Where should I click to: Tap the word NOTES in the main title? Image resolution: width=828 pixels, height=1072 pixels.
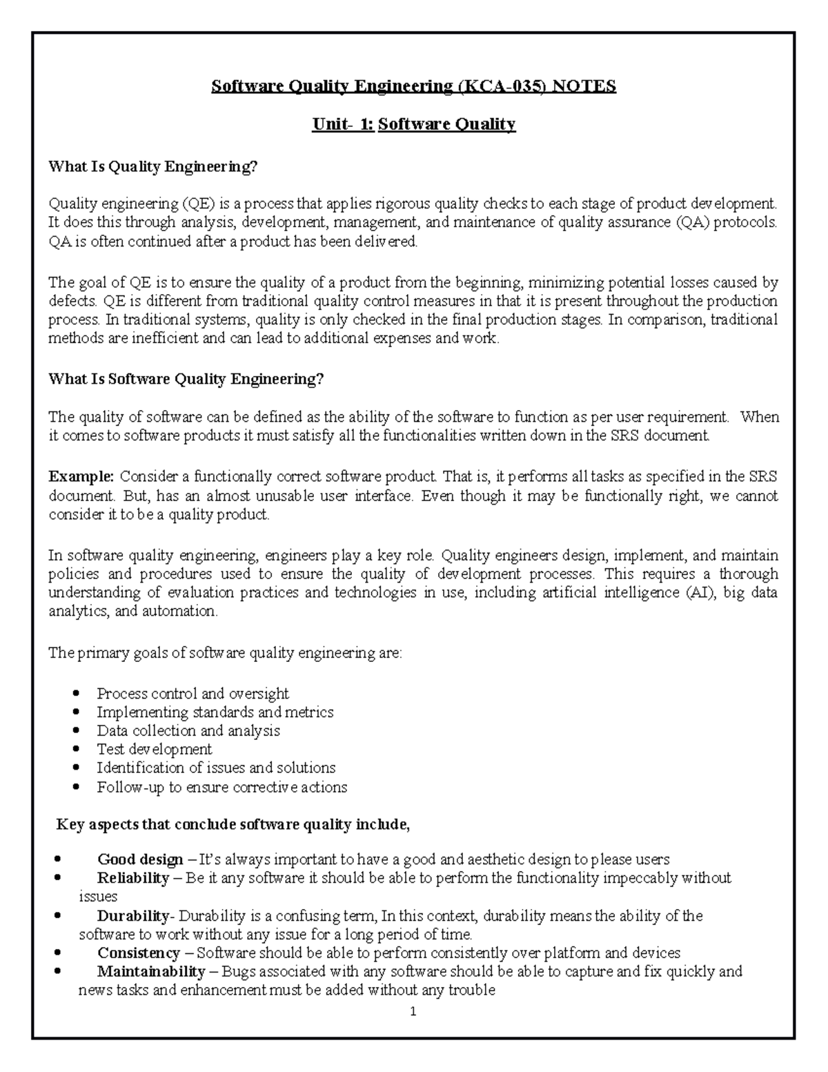pos(583,86)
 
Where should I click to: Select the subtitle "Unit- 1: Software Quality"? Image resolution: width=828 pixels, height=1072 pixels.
pos(413,124)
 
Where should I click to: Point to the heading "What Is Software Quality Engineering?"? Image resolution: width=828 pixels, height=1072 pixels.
pos(186,379)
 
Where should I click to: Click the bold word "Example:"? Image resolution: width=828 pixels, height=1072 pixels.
pos(81,476)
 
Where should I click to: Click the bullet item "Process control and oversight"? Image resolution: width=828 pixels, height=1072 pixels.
pos(193,694)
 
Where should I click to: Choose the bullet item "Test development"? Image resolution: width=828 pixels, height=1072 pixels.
pos(154,750)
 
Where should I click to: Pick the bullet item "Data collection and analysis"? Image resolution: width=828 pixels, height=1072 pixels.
pos(188,731)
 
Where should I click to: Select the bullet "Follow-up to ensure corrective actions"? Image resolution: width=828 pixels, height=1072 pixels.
pos(221,787)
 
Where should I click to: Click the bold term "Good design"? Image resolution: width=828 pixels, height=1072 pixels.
pos(140,860)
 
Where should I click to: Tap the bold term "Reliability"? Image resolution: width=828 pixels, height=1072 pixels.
pos(133,878)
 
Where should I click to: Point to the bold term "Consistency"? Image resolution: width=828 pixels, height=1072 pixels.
pos(138,953)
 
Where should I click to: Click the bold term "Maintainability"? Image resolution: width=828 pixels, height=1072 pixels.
pos(151,972)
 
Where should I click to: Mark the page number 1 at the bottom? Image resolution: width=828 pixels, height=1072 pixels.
pos(413,1013)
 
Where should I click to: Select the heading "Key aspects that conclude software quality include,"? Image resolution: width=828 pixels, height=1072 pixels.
pos(233,825)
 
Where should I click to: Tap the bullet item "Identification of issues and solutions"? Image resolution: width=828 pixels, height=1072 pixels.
pos(216,768)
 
